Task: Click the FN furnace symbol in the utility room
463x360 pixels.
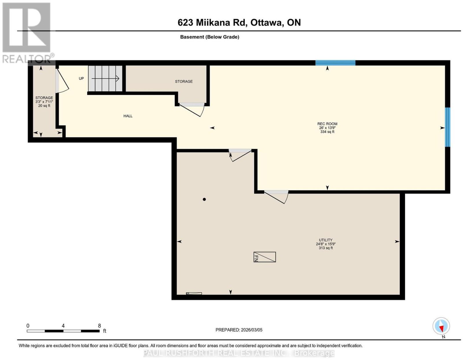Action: tap(264, 257)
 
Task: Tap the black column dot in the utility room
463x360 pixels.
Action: tap(204, 200)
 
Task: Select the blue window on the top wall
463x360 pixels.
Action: tap(335, 63)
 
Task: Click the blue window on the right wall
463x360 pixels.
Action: tap(447, 127)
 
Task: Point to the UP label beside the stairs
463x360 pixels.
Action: tap(81, 78)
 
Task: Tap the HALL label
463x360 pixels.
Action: tap(128, 116)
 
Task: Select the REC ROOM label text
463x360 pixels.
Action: tap(327, 124)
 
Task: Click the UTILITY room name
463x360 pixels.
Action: tap(326, 240)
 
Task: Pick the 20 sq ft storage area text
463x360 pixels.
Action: tap(44, 106)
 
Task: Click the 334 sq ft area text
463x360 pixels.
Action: tap(327, 132)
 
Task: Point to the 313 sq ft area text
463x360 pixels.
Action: tap(326, 248)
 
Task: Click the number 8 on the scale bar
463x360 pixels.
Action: tap(99, 326)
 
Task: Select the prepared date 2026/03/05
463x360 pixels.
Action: tap(251, 330)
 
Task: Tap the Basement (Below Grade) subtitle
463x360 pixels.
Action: tap(210, 37)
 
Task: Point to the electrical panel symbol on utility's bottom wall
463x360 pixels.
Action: tap(194, 293)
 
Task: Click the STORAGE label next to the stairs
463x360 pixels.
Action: tap(184, 81)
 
